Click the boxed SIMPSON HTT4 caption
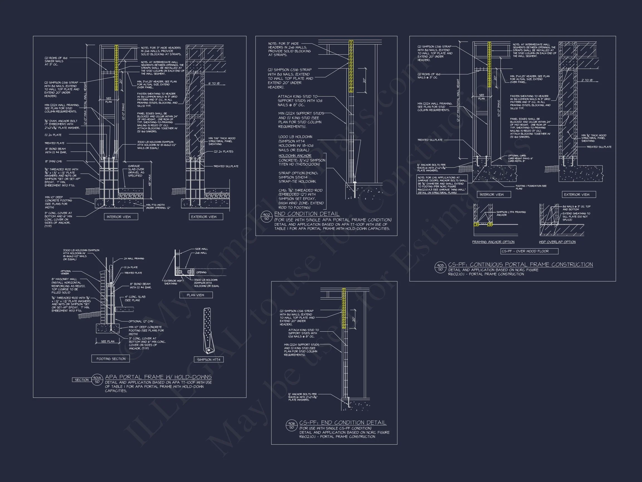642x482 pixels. coord(209,360)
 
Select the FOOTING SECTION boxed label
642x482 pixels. coord(111,359)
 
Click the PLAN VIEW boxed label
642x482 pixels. coord(195,295)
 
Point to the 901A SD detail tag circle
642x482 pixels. coord(97,379)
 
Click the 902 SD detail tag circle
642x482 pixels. coord(266,217)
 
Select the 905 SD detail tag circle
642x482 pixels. coord(440,267)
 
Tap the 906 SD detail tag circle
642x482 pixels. coord(292,425)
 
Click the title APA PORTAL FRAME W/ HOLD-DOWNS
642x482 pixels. coord(158,377)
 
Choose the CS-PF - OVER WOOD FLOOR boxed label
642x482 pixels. coord(529,251)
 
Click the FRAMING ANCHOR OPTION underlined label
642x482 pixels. coord(493,242)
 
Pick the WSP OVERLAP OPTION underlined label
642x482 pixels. coord(557,242)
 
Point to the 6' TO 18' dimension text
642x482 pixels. coord(214,83)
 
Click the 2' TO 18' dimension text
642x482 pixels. coord(587,80)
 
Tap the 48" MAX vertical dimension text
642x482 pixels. coord(150,180)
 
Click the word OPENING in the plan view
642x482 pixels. coord(201,272)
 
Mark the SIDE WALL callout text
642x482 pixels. coord(201,249)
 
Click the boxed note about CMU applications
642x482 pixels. coord(442,184)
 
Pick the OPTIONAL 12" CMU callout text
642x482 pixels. coord(141,321)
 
